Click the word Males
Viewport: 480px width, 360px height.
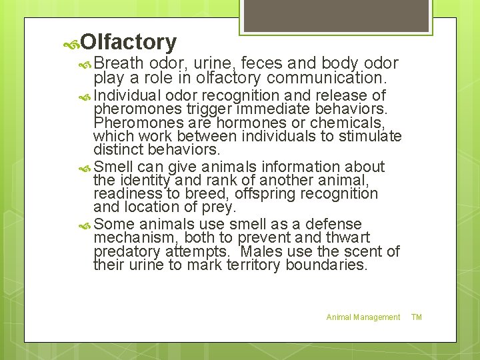261,251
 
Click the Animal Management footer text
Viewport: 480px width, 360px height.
363,317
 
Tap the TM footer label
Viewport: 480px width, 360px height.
417,317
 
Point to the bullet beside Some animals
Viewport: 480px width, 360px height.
84,225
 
